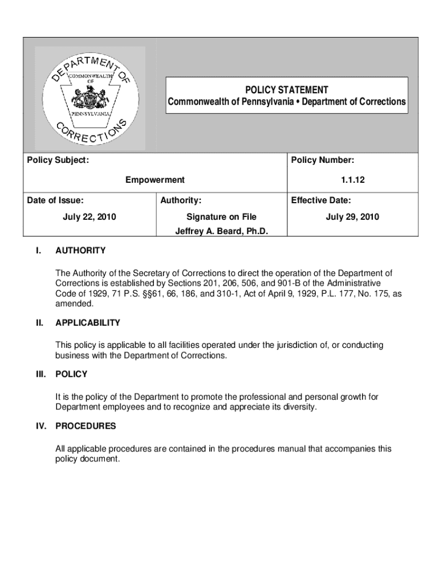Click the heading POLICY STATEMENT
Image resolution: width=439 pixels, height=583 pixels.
[286, 90]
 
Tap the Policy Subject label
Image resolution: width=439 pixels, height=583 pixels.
[58, 161]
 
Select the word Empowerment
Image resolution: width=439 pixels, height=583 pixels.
[155, 180]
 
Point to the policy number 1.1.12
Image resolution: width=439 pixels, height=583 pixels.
[353, 180]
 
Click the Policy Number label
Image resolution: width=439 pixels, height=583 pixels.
[323, 161]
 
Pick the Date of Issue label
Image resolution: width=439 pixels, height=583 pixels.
[55, 200]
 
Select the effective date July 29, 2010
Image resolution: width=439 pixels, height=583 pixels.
[352, 217]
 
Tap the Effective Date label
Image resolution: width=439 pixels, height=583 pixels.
[321, 200]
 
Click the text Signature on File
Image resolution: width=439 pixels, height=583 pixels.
[221, 217]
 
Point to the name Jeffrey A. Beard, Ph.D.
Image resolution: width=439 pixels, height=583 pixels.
[221, 232]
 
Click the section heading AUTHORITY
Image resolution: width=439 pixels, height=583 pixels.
[80, 251]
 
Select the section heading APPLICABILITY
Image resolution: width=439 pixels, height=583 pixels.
[88, 323]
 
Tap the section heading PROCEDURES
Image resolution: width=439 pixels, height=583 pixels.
[86, 426]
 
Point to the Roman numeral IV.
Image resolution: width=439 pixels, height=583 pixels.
[39, 426]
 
